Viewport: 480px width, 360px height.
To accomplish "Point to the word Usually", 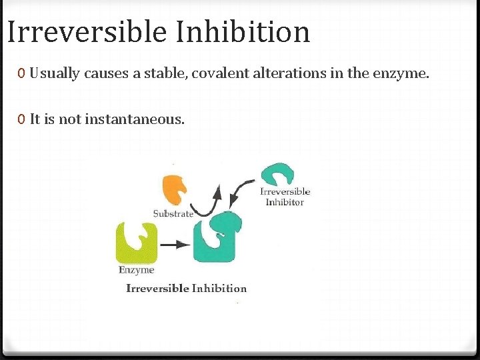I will tap(55, 73).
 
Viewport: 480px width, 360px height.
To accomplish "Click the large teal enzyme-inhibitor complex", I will tap(217, 237).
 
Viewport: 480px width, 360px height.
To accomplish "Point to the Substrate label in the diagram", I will tap(173, 213).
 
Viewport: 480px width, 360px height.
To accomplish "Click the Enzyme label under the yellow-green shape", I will tap(137, 270).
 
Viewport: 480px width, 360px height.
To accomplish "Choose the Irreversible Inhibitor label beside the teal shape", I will tap(285, 197).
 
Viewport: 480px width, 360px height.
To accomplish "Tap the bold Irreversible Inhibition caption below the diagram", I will tap(187, 289).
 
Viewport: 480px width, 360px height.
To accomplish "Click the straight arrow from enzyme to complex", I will tap(175, 245).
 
